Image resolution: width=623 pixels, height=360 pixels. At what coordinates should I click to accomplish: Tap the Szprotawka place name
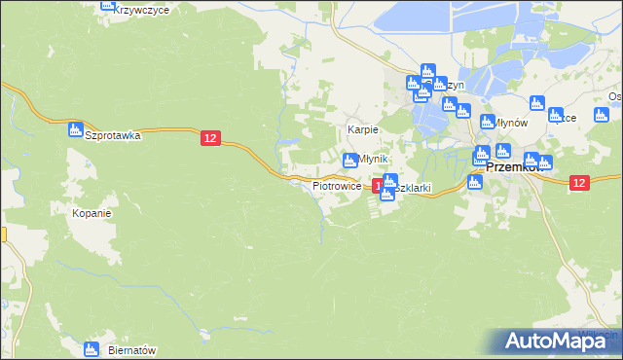point(113,136)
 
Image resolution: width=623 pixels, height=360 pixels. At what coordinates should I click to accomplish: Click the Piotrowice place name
point(337,185)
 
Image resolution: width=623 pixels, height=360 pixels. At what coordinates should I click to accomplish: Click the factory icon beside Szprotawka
point(75,130)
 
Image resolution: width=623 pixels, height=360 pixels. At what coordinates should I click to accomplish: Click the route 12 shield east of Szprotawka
point(210,139)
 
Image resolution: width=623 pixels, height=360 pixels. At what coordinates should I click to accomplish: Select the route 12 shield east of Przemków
point(579,182)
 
